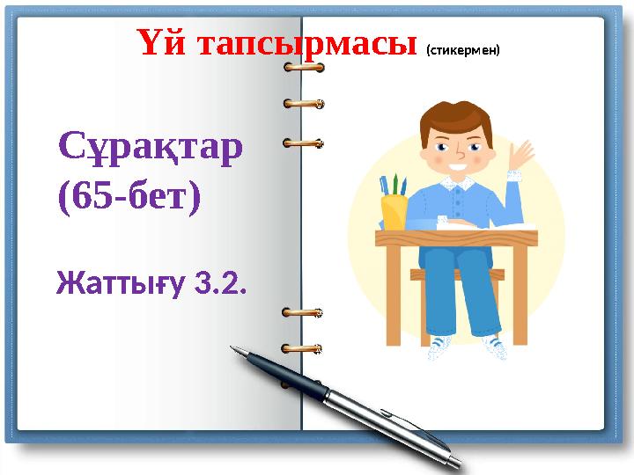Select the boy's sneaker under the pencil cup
pyautogui.click(x=439, y=349)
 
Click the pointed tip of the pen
pyautogui.click(x=233, y=347)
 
